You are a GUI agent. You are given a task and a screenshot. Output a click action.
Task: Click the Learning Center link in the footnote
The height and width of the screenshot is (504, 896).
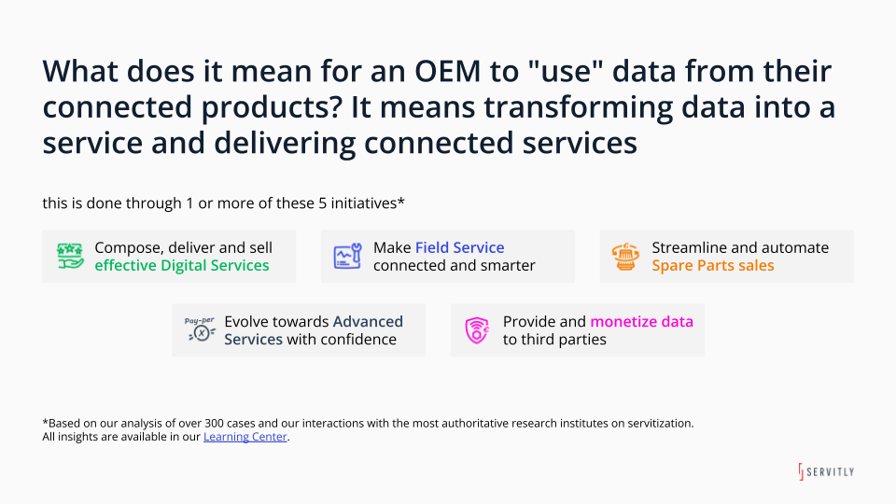(x=245, y=437)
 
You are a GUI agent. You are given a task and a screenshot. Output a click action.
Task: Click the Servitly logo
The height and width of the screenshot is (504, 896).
(x=825, y=471)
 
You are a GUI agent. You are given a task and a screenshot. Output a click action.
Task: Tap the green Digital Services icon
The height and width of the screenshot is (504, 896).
(x=69, y=257)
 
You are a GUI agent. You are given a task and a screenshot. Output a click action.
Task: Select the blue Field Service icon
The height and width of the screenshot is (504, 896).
(x=347, y=257)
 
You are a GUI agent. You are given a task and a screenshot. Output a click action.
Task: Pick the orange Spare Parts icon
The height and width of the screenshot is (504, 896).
(x=624, y=257)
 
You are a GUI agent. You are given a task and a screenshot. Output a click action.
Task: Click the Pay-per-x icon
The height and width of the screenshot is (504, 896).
(x=199, y=330)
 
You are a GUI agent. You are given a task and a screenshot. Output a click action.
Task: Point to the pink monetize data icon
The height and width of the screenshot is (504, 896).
(x=477, y=330)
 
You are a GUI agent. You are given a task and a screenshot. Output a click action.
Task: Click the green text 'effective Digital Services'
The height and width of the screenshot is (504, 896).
(x=181, y=265)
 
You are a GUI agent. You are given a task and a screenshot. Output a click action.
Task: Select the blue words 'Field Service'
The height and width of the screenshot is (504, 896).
(x=459, y=247)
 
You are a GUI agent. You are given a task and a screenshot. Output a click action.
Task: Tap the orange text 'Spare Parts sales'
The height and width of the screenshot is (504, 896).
(x=712, y=265)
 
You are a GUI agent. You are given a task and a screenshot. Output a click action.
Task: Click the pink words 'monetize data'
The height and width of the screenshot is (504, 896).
(x=641, y=321)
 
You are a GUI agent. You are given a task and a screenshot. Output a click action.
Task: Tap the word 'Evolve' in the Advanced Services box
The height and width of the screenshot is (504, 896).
(x=246, y=321)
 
